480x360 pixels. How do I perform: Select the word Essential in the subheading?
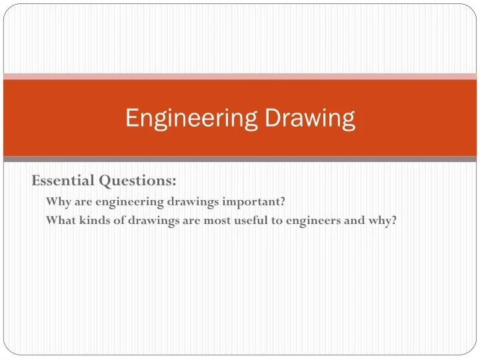(x=63, y=180)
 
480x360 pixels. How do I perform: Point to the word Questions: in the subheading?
(x=138, y=180)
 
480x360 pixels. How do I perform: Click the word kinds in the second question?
(x=95, y=221)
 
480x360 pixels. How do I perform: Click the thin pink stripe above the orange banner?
(x=240, y=77)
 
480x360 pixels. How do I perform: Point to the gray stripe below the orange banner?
(x=240, y=159)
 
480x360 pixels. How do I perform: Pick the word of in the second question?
(x=119, y=221)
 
